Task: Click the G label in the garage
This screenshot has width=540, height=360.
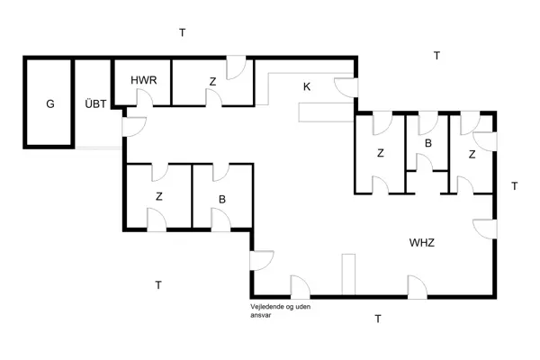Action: (x=50, y=104)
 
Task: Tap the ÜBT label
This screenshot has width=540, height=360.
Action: (x=95, y=104)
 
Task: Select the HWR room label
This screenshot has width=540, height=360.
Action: (x=144, y=81)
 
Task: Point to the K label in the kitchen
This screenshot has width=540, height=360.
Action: (x=307, y=86)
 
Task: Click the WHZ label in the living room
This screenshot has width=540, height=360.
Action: (x=422, y=243)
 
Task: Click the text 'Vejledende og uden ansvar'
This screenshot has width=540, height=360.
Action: (x=283, y=310)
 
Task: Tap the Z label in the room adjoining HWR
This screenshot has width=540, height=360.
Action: (x=212, y=82)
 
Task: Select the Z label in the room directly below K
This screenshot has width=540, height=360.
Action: (x=381, y=154)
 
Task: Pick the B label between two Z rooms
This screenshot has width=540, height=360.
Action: (x=428, y=144)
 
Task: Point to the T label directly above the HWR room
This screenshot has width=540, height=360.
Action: (x=182, y=32)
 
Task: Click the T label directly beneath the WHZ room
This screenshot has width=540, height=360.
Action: (x=378, y=319)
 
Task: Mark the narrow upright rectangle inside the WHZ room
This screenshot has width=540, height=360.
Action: (x=350, y=274)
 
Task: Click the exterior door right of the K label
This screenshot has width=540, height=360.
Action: (x=346, y=86)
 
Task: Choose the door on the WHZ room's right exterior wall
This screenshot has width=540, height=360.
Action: (x=486, y=229)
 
